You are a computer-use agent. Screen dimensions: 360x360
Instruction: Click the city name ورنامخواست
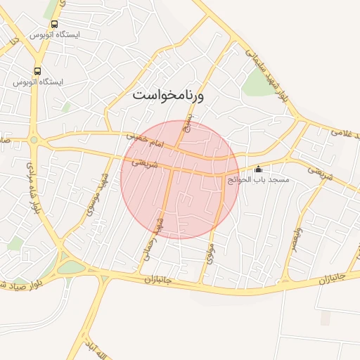[168, 95]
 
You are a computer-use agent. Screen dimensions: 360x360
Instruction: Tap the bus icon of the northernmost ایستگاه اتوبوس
[55, 24]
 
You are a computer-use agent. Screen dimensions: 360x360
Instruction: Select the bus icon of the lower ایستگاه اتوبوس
[37, 71]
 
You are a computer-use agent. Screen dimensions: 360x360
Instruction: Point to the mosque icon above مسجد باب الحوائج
[258, 169]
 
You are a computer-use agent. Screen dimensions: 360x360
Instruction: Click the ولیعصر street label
[297, 241]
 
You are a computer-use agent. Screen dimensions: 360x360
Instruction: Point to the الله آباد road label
[98, 346]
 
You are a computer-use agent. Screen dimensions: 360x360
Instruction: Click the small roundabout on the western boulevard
[33, 139]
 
